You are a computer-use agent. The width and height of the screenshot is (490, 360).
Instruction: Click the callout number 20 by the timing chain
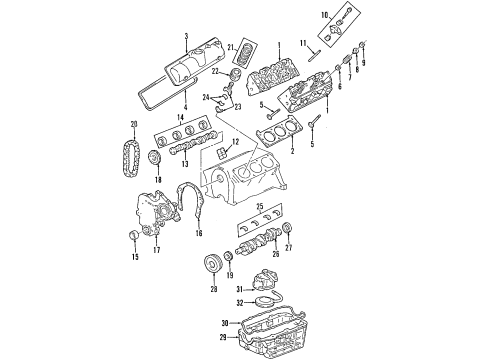tap(132, 124)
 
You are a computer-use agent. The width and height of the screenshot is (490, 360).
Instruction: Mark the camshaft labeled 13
tap(186, 151)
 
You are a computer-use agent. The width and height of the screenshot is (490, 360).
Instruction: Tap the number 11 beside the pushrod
tap(303, 42)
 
